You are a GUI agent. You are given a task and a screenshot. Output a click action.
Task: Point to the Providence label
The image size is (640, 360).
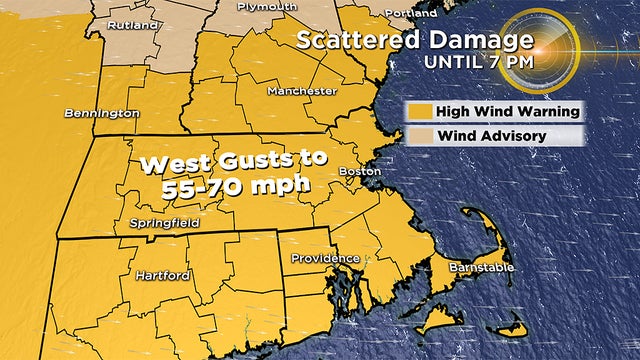pyautogui.click(x=318, y=258)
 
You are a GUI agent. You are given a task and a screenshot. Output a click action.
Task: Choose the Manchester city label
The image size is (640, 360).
pyautogui.click(x=301, y=91)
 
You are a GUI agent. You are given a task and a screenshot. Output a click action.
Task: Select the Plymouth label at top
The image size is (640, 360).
pyautogui.click(x=267, y=7)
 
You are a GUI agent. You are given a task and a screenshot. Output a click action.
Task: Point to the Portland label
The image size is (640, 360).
pyautogui.click(x=410, y=14)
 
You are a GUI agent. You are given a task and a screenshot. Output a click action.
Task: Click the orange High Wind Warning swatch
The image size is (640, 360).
pyautogui.click(x=418, y=111)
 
